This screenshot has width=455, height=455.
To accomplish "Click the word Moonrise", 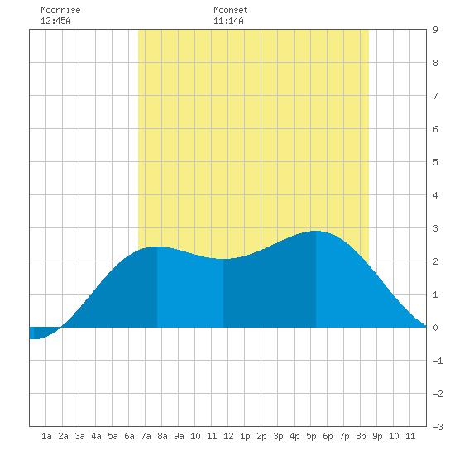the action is (x=60, y=10).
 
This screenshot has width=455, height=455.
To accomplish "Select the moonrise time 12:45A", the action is (x=55, y=21).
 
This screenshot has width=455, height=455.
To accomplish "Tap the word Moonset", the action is (x=231, y=10).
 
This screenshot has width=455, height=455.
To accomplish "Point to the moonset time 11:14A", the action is (x=228, y=21).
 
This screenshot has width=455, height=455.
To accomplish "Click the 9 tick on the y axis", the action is (x=435, y=30).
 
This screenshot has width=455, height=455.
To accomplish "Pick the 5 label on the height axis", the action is (x=435, y=162).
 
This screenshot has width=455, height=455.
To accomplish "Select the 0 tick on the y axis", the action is (x=435, y=328).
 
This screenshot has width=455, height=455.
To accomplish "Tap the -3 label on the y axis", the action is (x=438, y=427).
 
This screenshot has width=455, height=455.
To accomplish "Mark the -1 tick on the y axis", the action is (x=438, y=361).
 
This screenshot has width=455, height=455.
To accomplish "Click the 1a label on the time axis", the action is (x=46, y=436).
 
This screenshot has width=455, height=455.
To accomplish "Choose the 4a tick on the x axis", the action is (x=96, y=436).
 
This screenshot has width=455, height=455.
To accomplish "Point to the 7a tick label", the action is (x=146, y=436).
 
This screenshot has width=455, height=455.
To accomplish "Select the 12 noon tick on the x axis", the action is (x=228, y=436).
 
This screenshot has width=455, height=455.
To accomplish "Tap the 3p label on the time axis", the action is (x=278, y=436).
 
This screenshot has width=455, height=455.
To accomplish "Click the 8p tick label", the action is (x=361, y=436).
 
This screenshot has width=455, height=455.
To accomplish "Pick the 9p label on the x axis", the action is (x=377, y=436).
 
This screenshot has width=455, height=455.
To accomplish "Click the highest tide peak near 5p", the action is (x=316, y=232).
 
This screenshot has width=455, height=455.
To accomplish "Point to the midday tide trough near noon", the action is (x=223, y=259).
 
